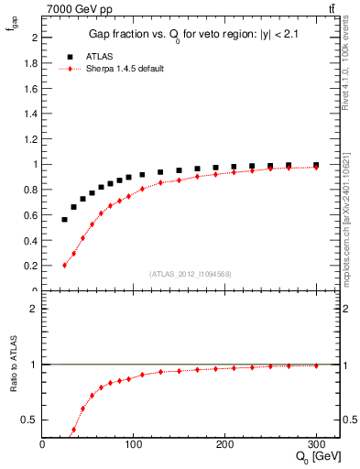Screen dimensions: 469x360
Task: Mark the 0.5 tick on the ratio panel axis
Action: click(x=31, y=420)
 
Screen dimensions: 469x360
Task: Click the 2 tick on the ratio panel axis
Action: click(x=36, y=309)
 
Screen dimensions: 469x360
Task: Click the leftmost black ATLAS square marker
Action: click(x=65, y=220)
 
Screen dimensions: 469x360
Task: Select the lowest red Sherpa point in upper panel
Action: click(x=65, y=265)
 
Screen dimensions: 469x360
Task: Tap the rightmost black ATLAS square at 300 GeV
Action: click(x=316, y=165)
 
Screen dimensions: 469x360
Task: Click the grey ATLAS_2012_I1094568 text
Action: click(x=191, y=274)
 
